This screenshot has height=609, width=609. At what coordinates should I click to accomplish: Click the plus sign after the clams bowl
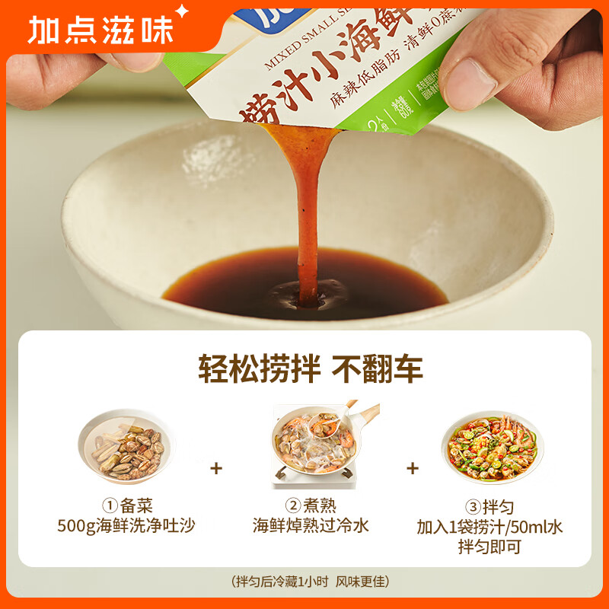(x=216, y=468)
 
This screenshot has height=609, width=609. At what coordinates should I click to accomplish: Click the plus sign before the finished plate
(x=413, y=468)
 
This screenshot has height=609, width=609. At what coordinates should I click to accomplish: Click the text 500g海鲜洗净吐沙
(x=126, y=526)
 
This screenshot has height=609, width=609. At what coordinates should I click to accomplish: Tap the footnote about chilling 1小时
(x=310, y=582)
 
